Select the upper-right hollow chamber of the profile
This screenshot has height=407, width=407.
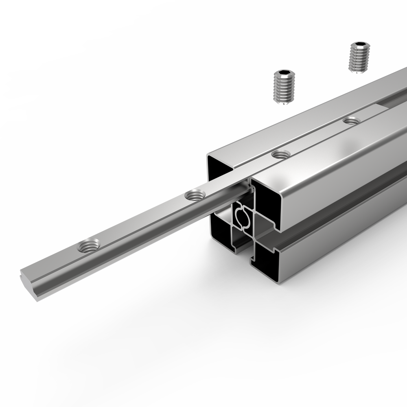point(267,203)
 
